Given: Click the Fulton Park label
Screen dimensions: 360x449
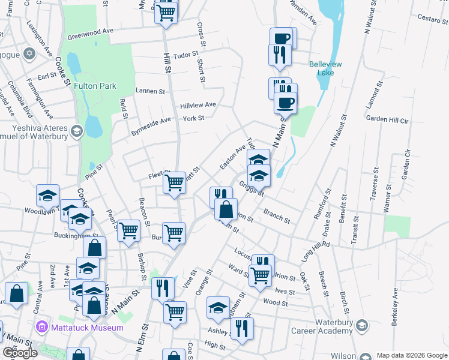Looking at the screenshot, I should pos(94,86).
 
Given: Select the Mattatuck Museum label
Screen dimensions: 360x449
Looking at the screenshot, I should pos(85,328).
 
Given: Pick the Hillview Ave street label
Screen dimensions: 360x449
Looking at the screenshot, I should pos(197,105).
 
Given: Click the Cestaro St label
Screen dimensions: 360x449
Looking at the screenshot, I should pos(425,17).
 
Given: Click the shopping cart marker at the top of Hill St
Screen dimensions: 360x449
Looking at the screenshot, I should pos(166,11).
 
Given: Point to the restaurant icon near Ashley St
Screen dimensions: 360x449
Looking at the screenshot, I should pos(242,328).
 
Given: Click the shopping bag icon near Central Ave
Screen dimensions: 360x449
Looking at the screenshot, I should pos(16,293).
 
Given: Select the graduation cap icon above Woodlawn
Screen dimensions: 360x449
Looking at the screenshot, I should pos(47,194).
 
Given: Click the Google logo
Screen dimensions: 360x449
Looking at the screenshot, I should pos(20,352).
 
